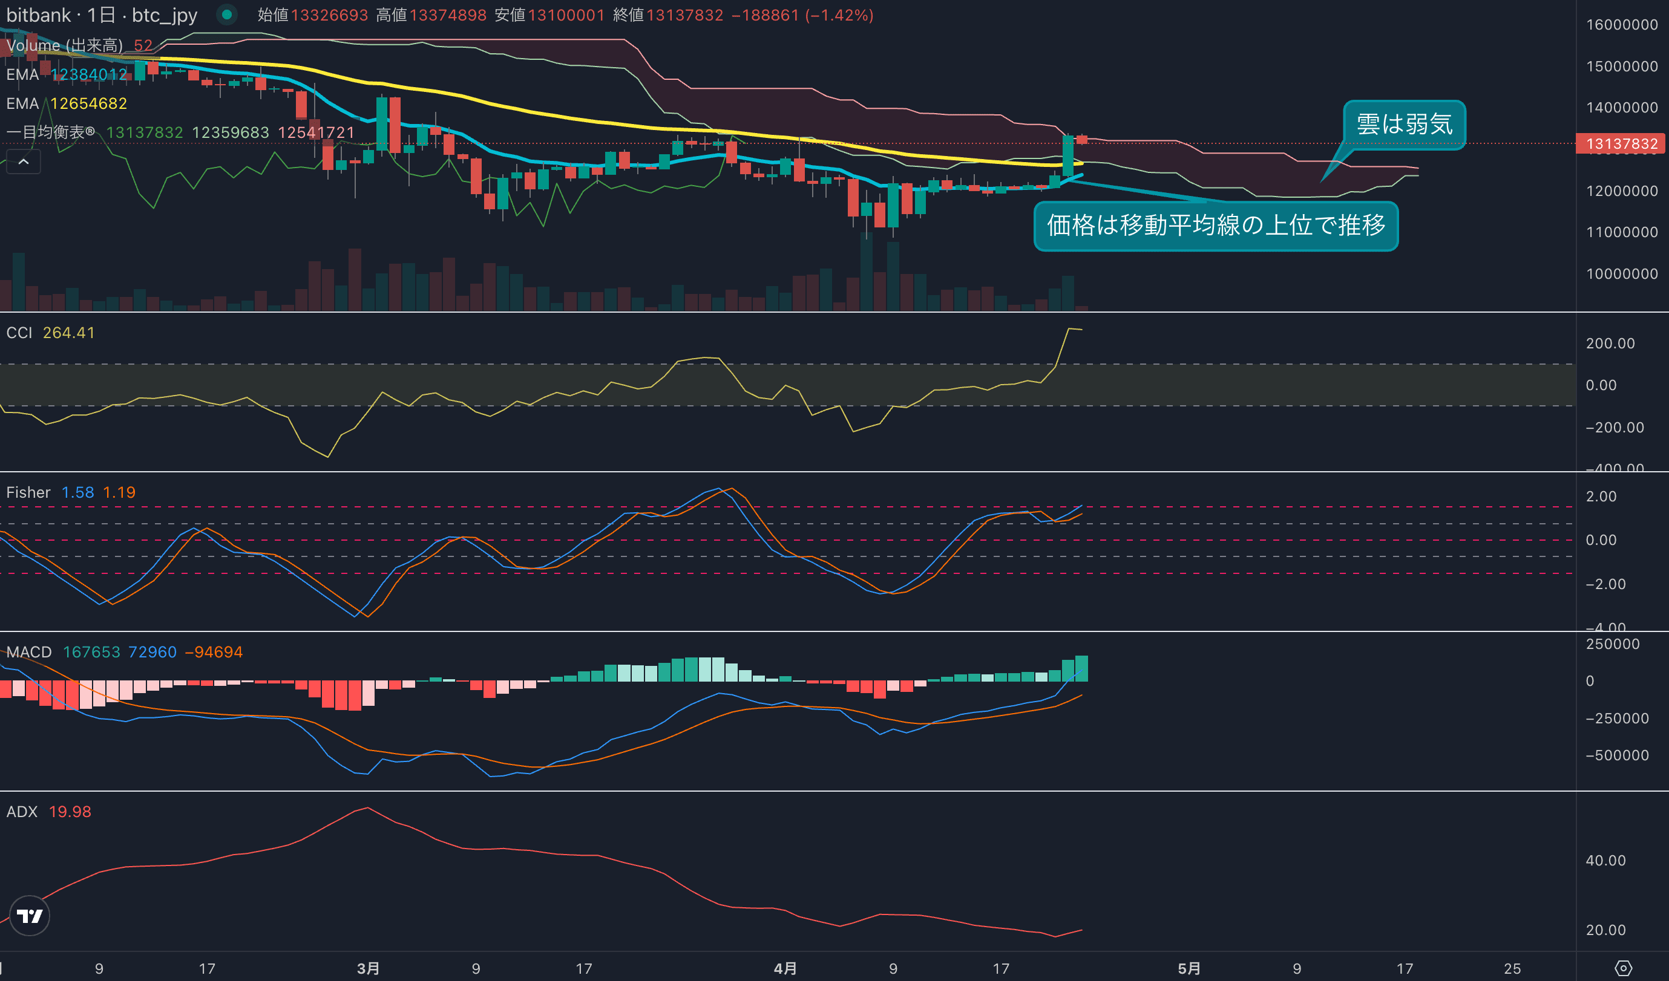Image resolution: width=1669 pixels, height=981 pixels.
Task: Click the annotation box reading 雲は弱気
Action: [1404, 125]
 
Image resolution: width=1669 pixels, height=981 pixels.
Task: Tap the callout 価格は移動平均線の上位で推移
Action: [1215, 226]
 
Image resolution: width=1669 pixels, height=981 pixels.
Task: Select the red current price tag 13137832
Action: [1621, 143]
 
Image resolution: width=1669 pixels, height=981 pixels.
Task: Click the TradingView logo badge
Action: [30, 916]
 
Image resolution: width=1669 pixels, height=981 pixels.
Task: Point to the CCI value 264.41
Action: [69, 333]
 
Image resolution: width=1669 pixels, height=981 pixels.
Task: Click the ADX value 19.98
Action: [70, 812]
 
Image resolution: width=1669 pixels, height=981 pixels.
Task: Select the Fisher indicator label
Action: [28, 492]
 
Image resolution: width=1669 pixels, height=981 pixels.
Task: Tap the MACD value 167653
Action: [91, 652]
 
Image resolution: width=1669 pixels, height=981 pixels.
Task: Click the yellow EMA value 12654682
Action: [89, 104]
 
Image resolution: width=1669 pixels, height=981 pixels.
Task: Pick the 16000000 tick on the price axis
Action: [1621, 24]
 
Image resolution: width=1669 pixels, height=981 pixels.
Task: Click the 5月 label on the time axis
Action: [1189, 968]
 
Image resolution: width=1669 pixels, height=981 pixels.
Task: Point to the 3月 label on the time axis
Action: [369, 968]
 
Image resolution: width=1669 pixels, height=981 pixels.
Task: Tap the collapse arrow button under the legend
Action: [23, 161]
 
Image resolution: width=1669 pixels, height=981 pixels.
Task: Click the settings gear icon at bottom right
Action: [1623, 968]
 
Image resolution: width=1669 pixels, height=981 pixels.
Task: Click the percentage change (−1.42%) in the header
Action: [839, 15]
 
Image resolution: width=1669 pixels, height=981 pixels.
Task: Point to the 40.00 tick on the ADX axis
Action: [1605, 861]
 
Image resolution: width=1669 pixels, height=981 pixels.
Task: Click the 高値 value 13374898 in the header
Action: [448, 15]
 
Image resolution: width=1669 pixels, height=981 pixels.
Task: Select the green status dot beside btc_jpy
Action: [226, 15]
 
